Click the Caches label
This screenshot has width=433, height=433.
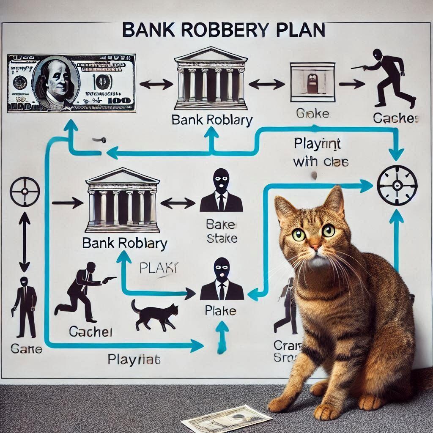396,119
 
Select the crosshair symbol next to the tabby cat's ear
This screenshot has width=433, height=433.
397,185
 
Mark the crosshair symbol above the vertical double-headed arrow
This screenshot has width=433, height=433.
25,191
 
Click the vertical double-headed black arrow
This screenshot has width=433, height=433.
25,242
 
